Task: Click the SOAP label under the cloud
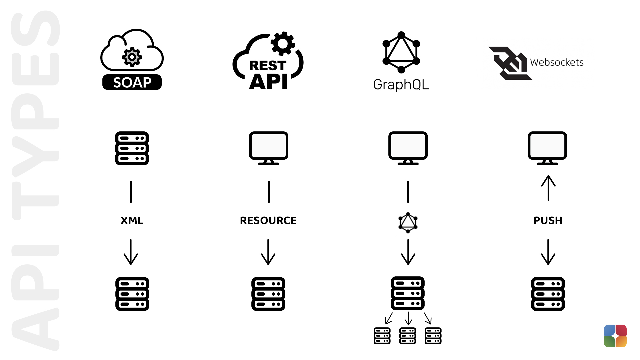132,82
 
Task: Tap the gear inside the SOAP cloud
132,57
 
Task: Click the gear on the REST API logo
282,43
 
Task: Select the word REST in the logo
268,65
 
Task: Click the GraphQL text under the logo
401,85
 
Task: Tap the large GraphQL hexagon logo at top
401,52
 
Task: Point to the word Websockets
557,62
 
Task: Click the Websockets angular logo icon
510,63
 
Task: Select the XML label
132,220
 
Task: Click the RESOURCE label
268,220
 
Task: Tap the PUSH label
548,220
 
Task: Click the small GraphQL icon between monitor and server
408,223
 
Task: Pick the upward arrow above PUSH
548,188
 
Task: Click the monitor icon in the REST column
269,148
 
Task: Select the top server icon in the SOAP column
132,148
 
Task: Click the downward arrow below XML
131,252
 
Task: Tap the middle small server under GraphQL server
408,336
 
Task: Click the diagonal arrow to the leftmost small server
389,318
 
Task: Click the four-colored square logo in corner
615,336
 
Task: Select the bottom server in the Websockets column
548,294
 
